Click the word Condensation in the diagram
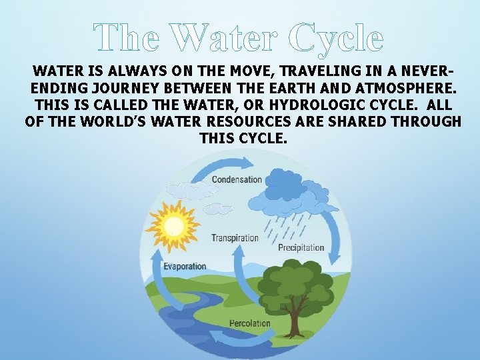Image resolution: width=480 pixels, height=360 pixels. click(237, 179)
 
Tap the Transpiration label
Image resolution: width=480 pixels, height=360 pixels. click(235, 238)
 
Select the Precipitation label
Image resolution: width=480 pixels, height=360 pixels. click(301, 248)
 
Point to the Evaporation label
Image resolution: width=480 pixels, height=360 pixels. click(185, 266)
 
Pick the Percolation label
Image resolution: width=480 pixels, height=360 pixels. click(250, 323)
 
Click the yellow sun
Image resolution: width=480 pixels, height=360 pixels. click(173, 225)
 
